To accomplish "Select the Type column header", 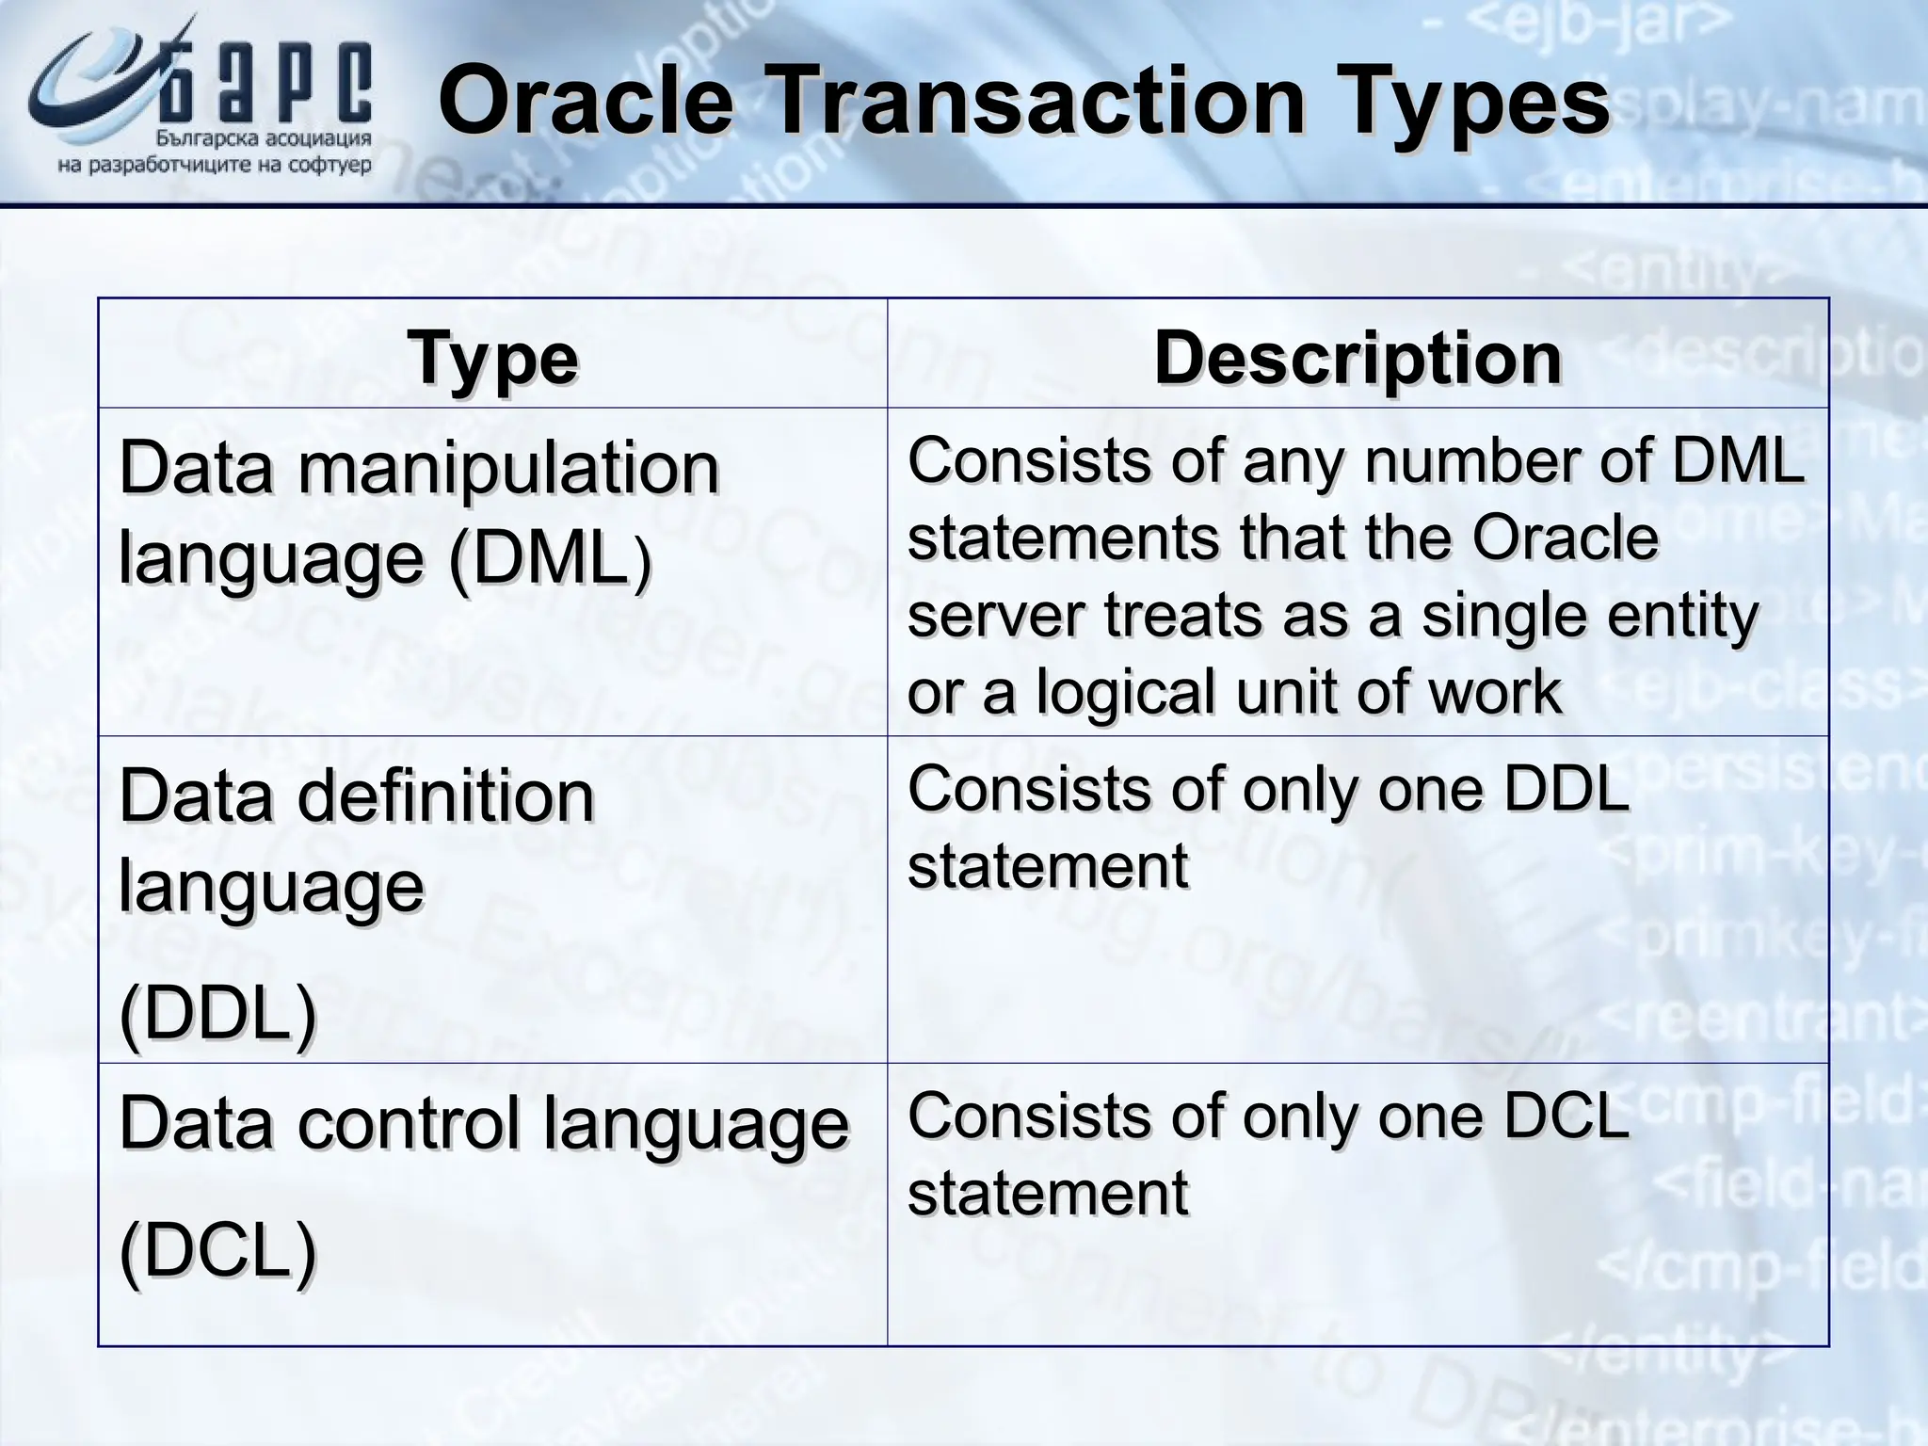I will [x=492, y=359].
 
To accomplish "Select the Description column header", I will [x=1358, y=359].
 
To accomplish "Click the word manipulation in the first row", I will [x=508, y=468].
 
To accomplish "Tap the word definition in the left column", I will [x=446, y=795].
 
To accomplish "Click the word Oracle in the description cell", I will [x=1564, y=538].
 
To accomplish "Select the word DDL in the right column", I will [x=1566, y=789].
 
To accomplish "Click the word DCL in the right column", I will [x=1566, y=1117].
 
